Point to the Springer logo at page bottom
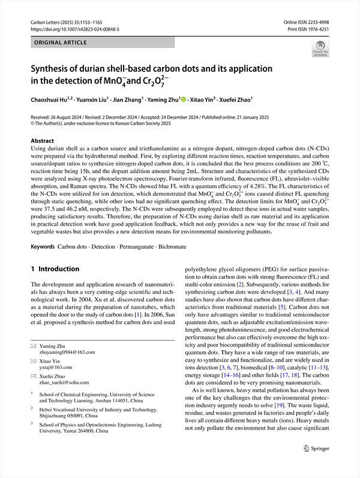pyautogui.click(x=316, y=464)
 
